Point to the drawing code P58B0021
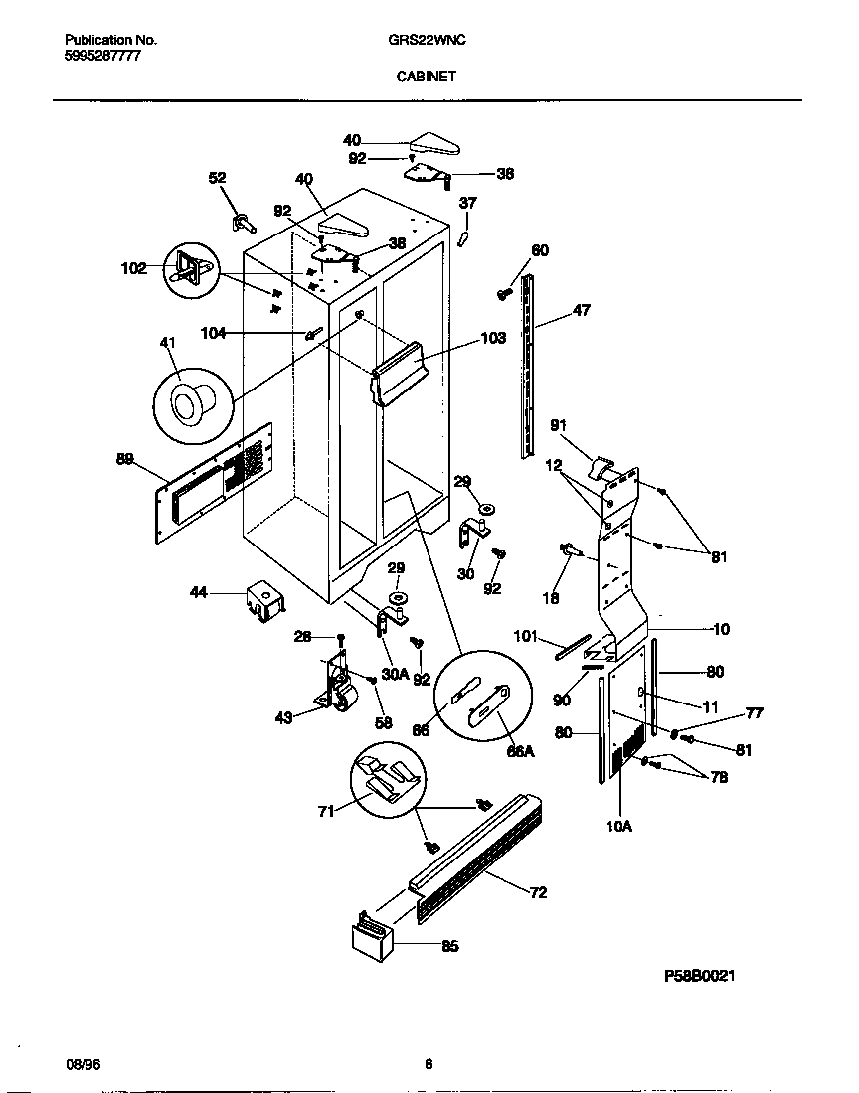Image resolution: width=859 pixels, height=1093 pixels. (x=699, y=977)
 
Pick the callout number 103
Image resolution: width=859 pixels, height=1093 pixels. (x=493, y=338)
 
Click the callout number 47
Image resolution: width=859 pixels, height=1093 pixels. (x=582, y=311)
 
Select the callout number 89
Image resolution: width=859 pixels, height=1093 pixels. (x=124, y=458)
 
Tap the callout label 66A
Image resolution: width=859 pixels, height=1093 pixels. (x=521, y=751)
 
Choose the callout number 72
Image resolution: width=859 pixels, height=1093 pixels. (x=538, y=892)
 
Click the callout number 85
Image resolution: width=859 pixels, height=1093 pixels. (x=449, y=946)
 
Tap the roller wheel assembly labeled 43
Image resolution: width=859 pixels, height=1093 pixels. (x=338, y=686)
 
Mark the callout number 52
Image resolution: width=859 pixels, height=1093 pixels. (x=217, y=178)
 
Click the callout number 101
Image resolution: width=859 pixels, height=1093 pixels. (x=525, y=635)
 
